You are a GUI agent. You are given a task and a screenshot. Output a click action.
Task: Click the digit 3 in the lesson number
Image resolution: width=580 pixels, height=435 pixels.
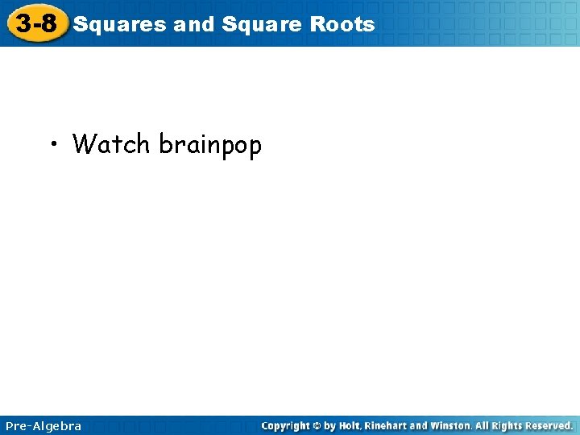click(x=23, y=23)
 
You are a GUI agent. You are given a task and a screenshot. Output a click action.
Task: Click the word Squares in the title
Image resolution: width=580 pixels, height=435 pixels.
click(x=120, y=24)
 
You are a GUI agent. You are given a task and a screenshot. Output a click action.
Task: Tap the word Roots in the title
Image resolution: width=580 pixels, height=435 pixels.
click(x=343, y=24)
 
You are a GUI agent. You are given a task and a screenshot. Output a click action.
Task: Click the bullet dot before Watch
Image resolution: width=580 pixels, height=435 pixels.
click(x=52, y=145)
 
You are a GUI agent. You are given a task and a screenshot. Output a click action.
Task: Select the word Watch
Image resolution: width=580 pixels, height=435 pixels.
click(x=111, y=144)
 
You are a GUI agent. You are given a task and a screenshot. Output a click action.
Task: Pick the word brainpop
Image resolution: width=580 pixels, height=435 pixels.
click(x=210, y=146)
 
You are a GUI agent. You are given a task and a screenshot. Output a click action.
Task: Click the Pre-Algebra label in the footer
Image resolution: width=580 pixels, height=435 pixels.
click(x=43, y=425)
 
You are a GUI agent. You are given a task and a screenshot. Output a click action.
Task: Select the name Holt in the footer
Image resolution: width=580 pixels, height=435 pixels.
click(x=350, y=425)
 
